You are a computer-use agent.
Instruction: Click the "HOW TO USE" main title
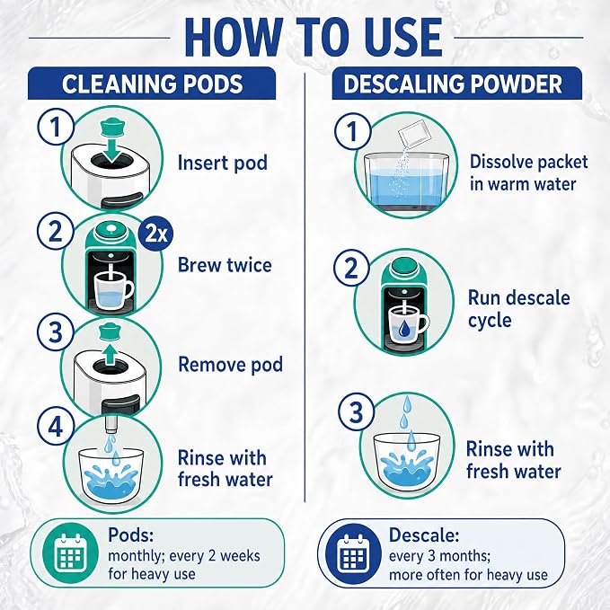(x=314, y=38)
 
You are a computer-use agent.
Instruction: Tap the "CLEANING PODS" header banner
(x=152, y=84)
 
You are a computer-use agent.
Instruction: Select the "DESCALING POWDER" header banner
(x=456, y=84)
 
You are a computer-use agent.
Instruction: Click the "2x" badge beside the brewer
(x=155, y=234)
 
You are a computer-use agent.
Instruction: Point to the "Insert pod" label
(x=223, y=163)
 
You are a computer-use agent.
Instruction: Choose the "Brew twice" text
(x=225, y=265)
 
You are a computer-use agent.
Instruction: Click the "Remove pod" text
(x=230, y=365)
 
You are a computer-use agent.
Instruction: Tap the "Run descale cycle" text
(x=518, y=309)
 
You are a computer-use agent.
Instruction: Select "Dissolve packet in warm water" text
(x=528, y=172)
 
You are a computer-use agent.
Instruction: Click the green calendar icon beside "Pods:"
(x=70, y=553)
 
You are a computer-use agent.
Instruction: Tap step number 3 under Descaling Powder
(x=357, y=412)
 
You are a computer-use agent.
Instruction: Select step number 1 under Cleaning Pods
(x=56, y=127)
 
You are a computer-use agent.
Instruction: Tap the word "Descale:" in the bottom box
(x=424, y=535)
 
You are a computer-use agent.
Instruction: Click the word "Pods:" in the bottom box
(x=131, y=535)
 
